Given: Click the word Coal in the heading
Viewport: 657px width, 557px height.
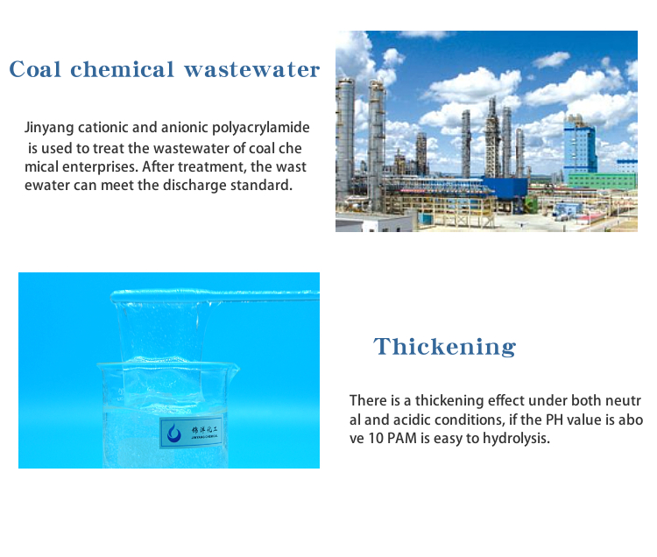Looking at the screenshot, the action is (35, 69).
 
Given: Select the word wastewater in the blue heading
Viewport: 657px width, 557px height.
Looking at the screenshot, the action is (251, 69).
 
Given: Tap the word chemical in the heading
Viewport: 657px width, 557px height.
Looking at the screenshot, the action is (122, 69).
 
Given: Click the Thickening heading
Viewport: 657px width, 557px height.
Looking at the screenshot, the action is (444, 347).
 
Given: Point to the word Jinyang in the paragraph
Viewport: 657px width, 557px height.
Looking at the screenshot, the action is (49, 128).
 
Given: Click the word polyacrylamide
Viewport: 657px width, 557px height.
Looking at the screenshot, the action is (261, 128).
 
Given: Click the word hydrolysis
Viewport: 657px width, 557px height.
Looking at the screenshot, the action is (516, 439).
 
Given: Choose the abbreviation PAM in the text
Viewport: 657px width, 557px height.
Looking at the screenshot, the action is (403, 439).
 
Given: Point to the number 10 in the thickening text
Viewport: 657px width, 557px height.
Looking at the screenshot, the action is (376, 439).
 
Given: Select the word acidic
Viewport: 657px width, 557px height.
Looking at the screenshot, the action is (412, 420).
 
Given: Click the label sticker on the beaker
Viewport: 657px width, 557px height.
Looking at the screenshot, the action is (191, 433).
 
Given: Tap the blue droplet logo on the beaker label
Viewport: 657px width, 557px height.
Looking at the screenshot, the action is (174, 433).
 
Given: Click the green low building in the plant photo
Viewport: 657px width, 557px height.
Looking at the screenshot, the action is (603, 180).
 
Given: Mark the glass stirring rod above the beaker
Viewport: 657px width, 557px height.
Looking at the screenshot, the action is (215, 295).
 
